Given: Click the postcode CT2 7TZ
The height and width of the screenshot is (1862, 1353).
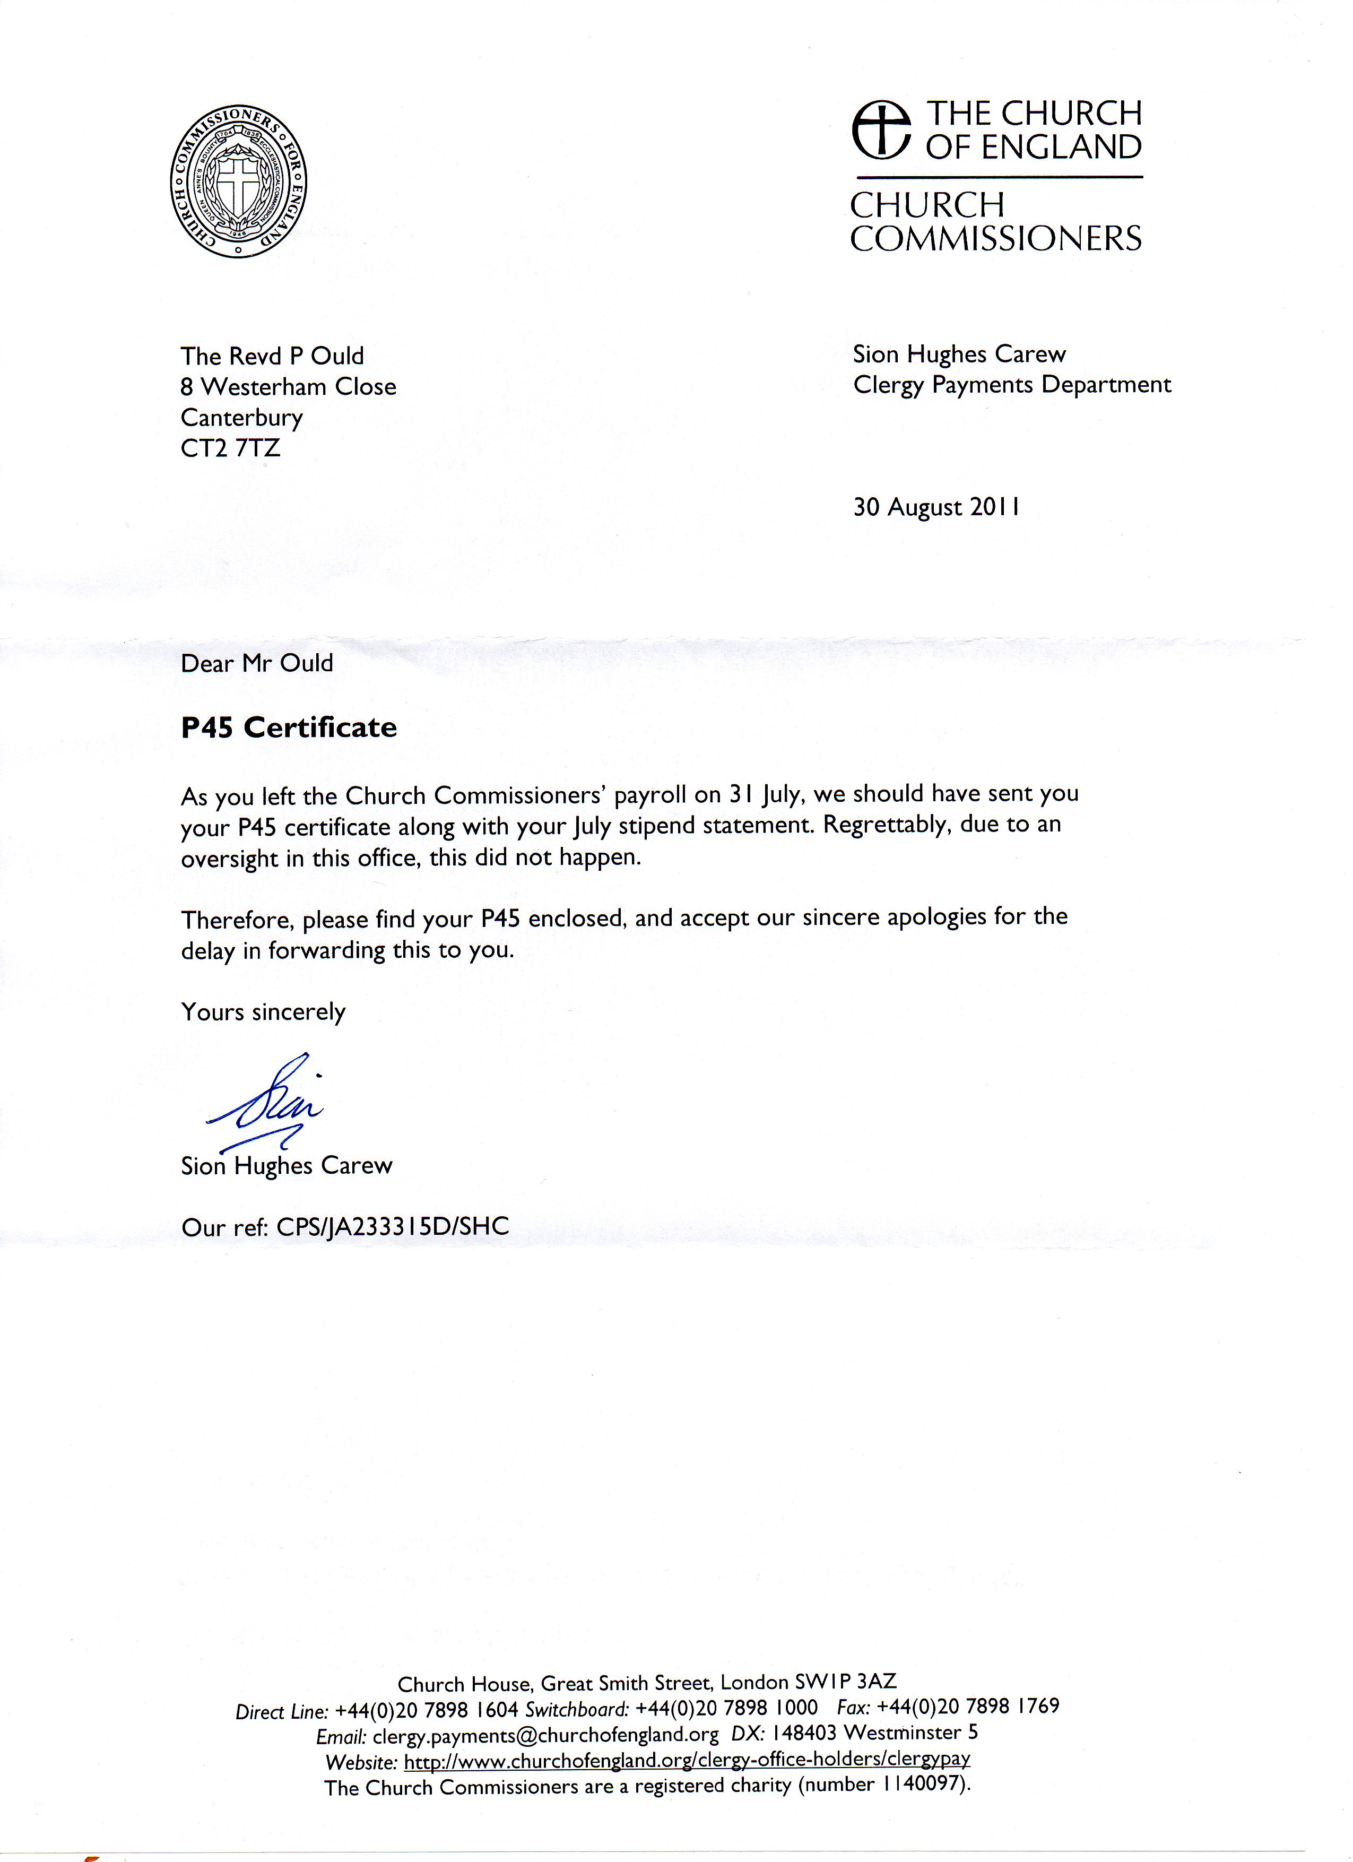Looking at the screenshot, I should (x=231, y=448).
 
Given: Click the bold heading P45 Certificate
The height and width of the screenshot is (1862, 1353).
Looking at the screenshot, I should (x=289, y=728).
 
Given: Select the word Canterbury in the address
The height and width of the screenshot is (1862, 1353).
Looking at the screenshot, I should (x=241, y=418).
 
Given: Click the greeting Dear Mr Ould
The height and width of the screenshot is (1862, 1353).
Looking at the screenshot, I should (x=257, y=663).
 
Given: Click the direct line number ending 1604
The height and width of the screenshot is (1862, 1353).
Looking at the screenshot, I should (x=427, y=1710).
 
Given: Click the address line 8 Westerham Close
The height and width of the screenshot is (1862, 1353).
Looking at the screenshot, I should (x=288, y=387).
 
